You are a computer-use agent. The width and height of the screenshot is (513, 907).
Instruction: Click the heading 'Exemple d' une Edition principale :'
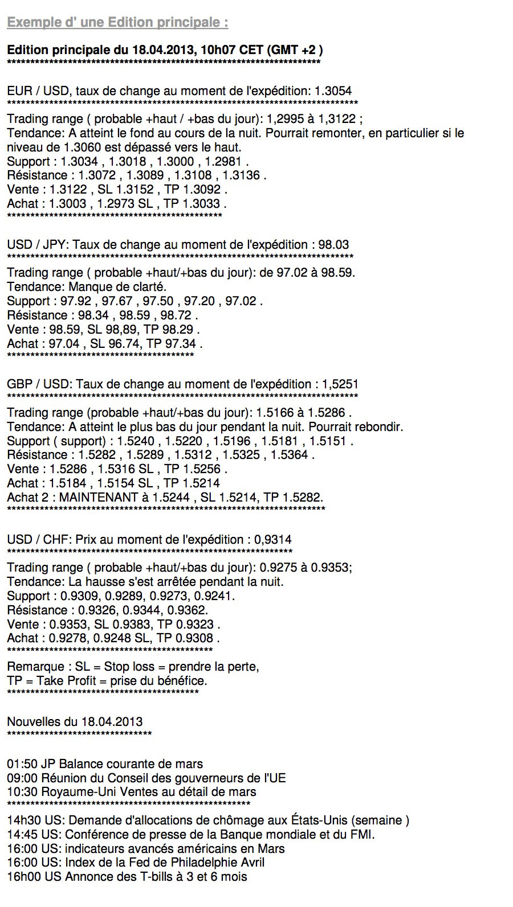tap(117, 23)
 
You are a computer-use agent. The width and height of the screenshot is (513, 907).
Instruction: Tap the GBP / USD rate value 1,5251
tap(340, 384)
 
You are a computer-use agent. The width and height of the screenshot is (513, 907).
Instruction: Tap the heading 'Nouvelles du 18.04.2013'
tap(75, 722)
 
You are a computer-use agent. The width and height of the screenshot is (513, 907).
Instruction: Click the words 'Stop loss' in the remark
tap(129, 667)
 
